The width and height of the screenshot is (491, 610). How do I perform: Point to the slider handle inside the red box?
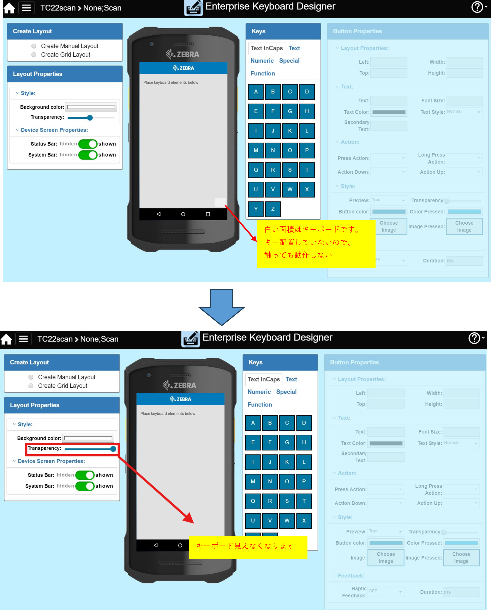[113, 449]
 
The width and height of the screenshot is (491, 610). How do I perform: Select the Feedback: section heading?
[351, 576]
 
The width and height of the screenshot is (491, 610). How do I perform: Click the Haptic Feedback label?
[354, 592]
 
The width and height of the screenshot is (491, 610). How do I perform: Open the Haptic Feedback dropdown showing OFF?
[385, 591]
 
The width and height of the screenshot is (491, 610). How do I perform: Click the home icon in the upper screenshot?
[9, 8]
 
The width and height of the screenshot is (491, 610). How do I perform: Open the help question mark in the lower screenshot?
[475, 338]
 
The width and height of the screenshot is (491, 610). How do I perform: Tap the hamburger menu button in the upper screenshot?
[26, 8]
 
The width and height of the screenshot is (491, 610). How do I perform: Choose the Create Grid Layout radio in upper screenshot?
[34, 55]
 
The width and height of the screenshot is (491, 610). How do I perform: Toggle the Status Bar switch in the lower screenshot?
[85, 475]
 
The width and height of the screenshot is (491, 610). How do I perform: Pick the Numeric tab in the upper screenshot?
[262, 61]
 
